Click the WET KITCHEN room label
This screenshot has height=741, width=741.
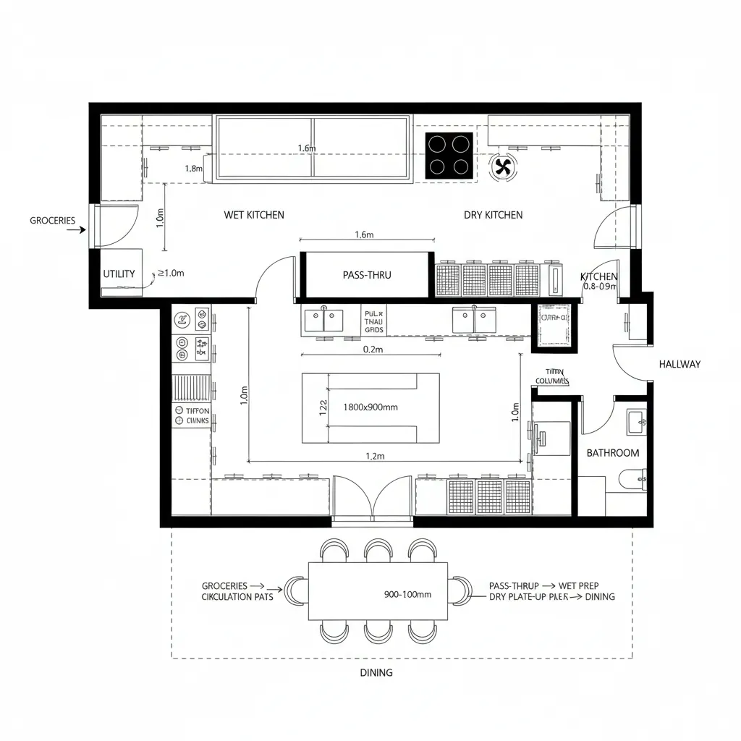pos(254,215)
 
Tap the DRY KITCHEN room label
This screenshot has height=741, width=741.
pos(493,215)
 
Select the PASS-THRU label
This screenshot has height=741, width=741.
pos(366,275)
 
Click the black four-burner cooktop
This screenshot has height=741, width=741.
pos(449,155)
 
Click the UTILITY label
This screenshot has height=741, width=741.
pos(119,274)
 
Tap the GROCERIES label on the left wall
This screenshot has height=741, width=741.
pos(52,220)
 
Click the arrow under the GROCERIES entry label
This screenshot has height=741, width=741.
pos(75,231)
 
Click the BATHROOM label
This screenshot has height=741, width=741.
pos(612,453)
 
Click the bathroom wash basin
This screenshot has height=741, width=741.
pos(636,421)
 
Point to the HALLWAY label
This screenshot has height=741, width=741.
pos(679,364)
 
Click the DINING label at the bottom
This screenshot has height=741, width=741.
pos(376,672)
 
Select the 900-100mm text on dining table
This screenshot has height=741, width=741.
pos(407,594)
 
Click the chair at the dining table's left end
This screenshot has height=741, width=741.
pos(295,590)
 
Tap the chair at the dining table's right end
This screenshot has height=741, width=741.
pos(459,590)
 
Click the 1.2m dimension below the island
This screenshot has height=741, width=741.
pos(375,456)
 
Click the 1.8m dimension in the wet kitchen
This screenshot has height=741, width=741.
pos(193,169)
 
